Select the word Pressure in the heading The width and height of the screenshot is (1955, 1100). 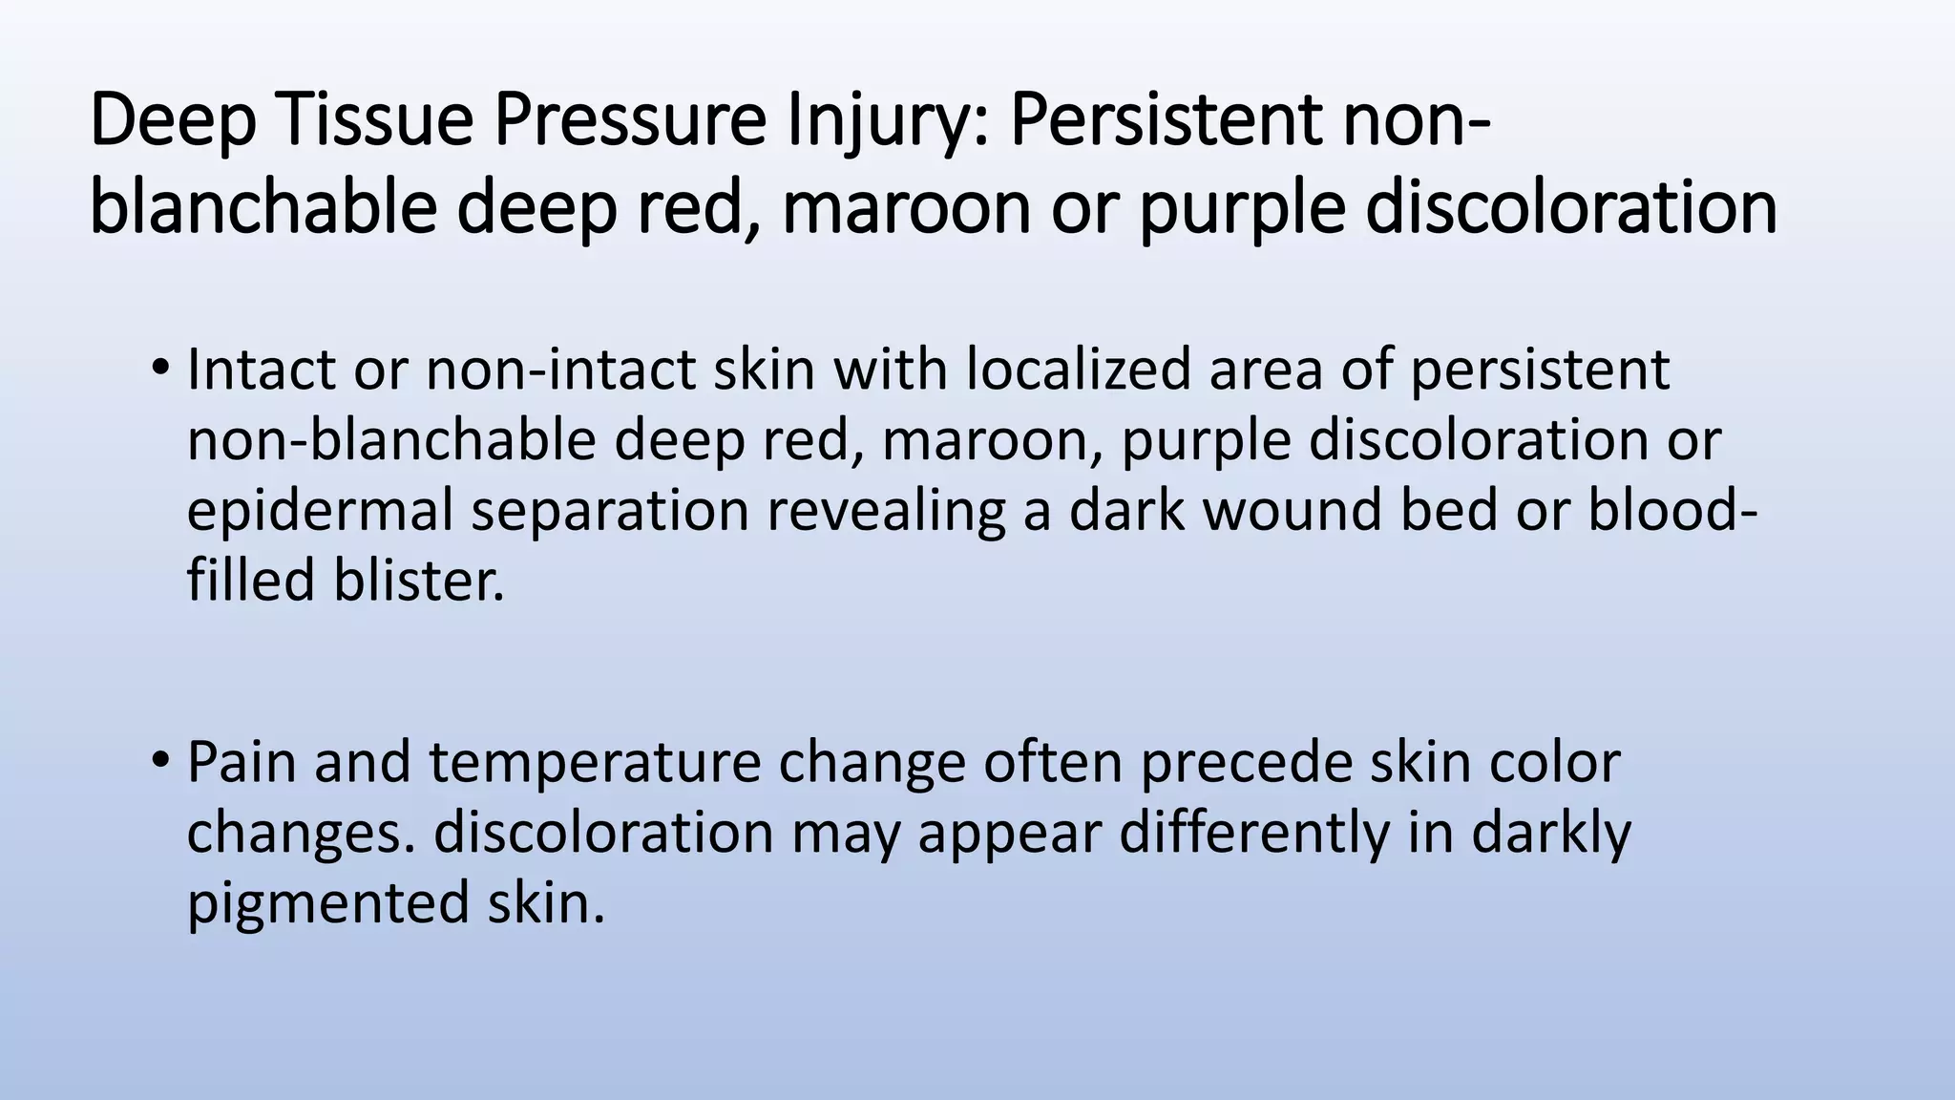630,121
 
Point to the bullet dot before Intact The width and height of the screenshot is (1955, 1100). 160,368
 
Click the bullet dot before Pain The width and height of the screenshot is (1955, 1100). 160,761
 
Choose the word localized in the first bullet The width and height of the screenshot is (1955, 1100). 1078,370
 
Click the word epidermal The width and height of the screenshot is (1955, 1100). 319,511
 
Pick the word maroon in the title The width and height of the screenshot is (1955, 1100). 906,207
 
